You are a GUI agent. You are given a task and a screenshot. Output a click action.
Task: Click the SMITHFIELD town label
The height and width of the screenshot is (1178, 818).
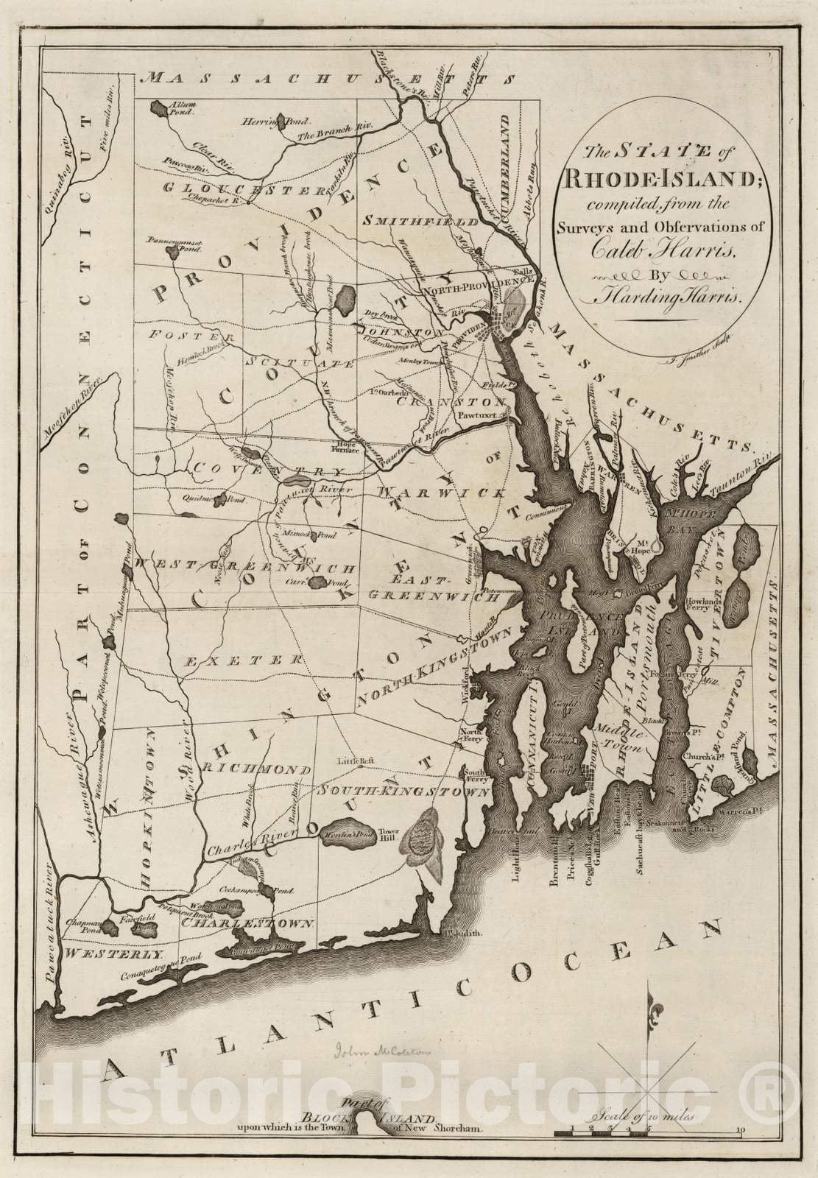point(409,219)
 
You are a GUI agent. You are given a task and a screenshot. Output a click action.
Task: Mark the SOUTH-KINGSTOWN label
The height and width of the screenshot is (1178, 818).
point(404,791)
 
